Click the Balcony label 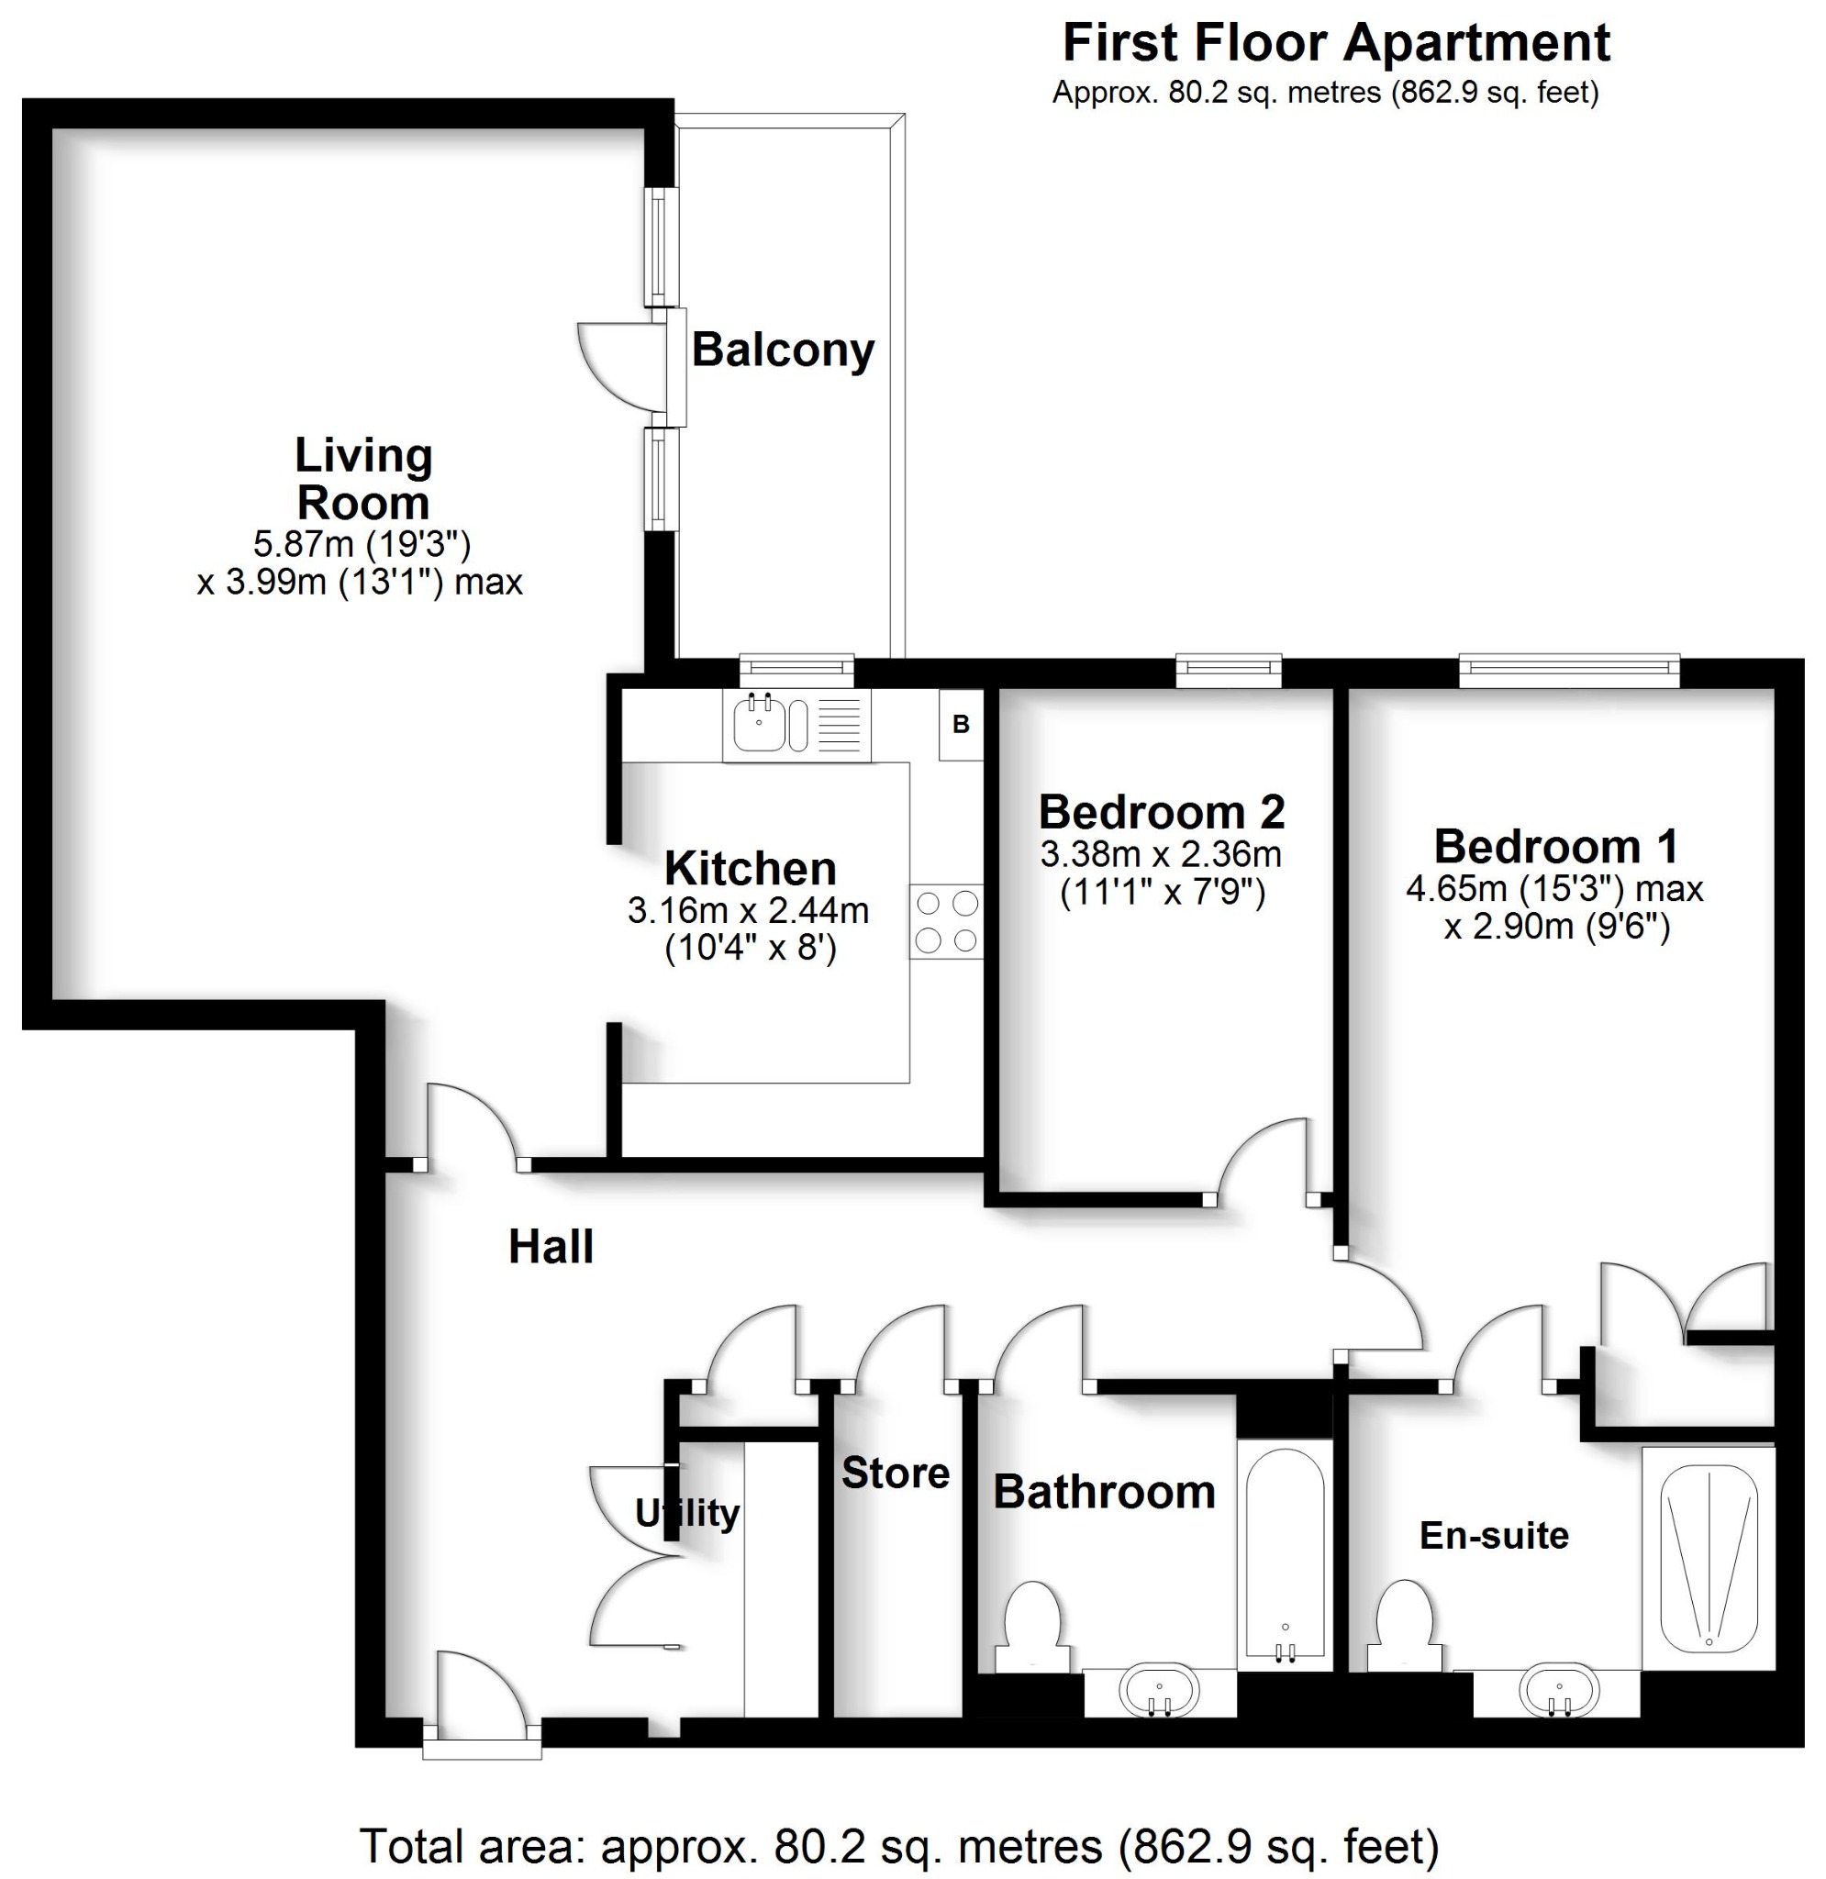783,350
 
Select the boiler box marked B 961,725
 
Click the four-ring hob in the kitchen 946,921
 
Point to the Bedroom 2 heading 1162,813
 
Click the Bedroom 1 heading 1555,847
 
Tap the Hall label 551,1247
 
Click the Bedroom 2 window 1229,670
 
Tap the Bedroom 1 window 1569,670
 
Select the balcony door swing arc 614,364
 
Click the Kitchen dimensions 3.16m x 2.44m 748,910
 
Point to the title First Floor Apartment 1336,43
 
